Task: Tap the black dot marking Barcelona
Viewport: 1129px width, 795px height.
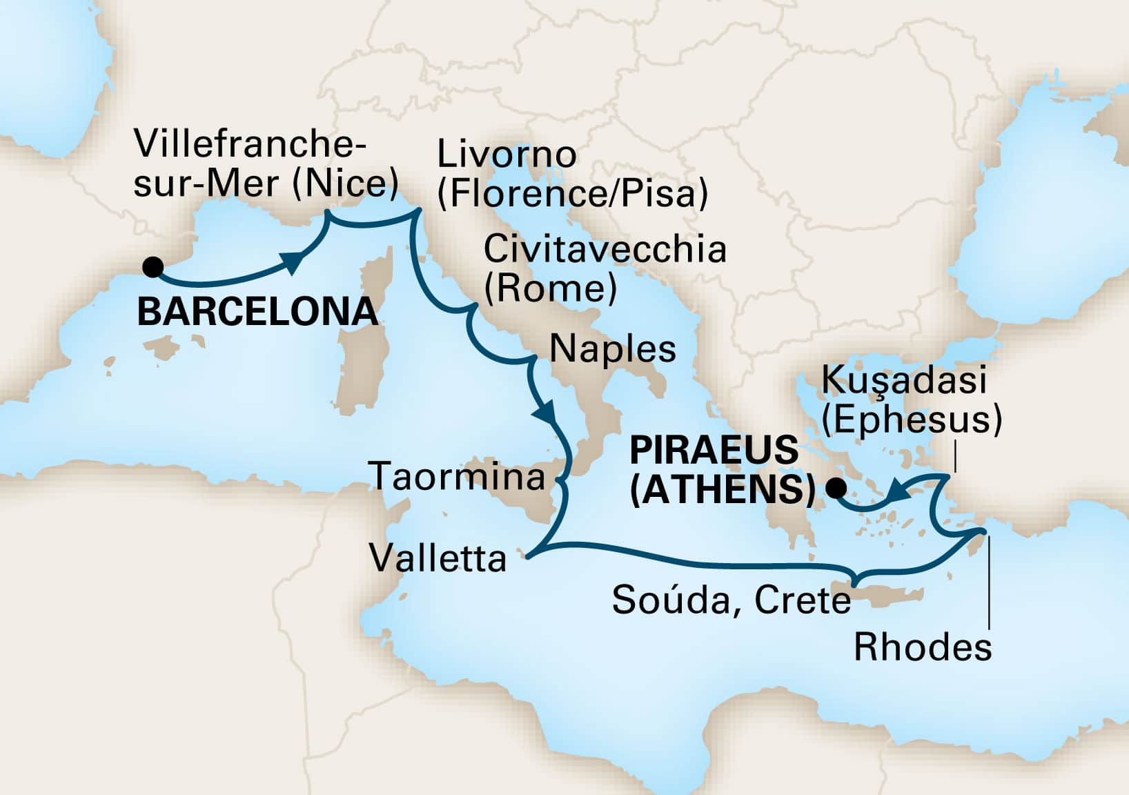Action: click(x=153, y=266)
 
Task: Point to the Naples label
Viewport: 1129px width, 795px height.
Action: click(x=612, y=349)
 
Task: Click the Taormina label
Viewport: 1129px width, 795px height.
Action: click(x=458, y=477)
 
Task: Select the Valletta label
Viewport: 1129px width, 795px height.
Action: click(x=438, y=558)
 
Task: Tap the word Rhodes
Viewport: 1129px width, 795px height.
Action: click(x=923, y=648)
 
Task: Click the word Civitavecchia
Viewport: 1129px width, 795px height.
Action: click(x=605, y=250)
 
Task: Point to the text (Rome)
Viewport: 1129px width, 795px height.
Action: click(x=550, y=288)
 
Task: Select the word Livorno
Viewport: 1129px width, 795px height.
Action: click(x=507, y=155)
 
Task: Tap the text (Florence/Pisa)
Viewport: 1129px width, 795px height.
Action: click(x=573, y=195)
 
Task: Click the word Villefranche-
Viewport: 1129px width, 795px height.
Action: click(x=250, y=146)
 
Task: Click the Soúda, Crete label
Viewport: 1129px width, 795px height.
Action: click(x=732, y=601)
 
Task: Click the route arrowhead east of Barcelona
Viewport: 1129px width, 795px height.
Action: click(x=293, y=262)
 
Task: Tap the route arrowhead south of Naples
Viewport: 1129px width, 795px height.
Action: click(x=544, y=413)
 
